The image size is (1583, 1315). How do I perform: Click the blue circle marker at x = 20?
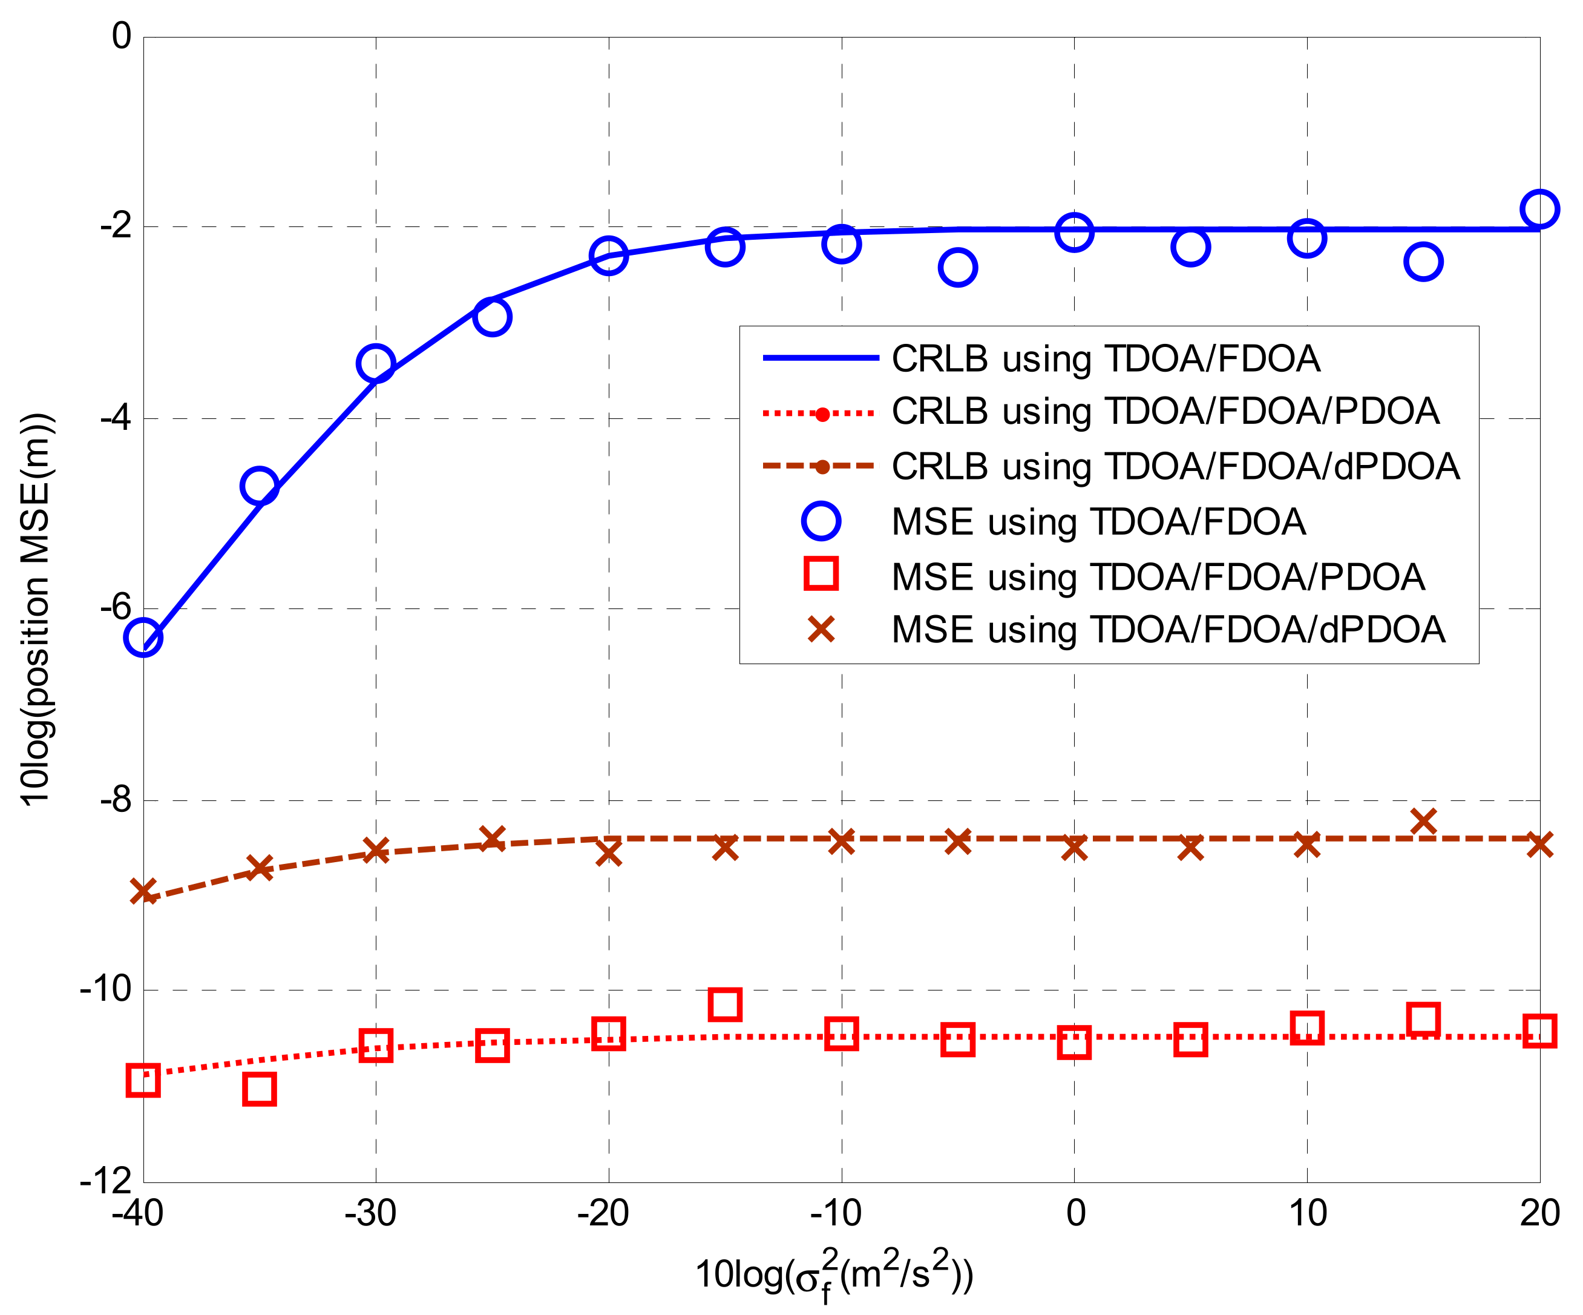point(1539,209)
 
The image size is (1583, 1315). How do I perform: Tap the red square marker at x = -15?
point(724,1004)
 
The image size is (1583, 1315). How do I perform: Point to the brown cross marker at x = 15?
point(1423,821)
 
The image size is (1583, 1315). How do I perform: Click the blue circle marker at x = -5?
point(957,267)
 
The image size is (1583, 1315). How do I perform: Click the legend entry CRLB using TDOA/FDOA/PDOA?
point(1165,412)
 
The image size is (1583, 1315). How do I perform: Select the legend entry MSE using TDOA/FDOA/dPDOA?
point(1168,630)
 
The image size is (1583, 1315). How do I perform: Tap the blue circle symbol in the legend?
point(821,521)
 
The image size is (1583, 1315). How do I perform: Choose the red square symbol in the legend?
point(821,574)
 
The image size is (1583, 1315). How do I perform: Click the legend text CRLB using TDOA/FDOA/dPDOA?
point(1175,466)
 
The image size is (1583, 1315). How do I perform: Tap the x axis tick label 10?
point(1307,1213)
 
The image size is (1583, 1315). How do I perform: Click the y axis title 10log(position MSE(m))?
point(36,609)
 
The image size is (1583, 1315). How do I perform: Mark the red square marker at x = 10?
point(1306,1027)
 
